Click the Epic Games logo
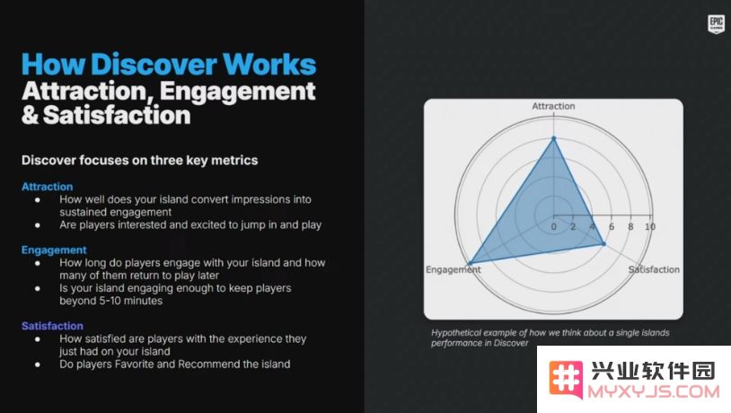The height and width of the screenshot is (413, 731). click(716, 23)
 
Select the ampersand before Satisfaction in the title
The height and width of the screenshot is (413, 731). click(30, 115)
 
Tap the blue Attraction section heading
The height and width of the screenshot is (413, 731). click(47, 187)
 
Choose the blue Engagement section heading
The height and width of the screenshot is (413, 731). click(54, 250)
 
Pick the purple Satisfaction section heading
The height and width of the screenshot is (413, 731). click(52, 326)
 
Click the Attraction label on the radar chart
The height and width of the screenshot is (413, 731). click(553, 106)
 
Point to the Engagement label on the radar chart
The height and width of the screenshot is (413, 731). click(453, 269)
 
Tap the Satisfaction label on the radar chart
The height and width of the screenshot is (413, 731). click(654, 269)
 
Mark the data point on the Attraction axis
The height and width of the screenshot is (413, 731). click(554, 138)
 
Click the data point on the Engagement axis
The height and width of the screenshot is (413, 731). click(471, 264)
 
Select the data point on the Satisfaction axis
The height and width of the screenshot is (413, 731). click(603, 244)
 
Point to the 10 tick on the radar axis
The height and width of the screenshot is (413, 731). click(650, 226)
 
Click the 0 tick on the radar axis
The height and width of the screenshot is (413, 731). click(553, 226)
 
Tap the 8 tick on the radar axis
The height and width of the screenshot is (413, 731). click(630, 226)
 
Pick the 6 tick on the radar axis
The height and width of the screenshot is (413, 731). click(612, 226)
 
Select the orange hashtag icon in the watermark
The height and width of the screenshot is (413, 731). click(566, 380)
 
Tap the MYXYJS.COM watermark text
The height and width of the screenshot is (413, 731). click(654, 391)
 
